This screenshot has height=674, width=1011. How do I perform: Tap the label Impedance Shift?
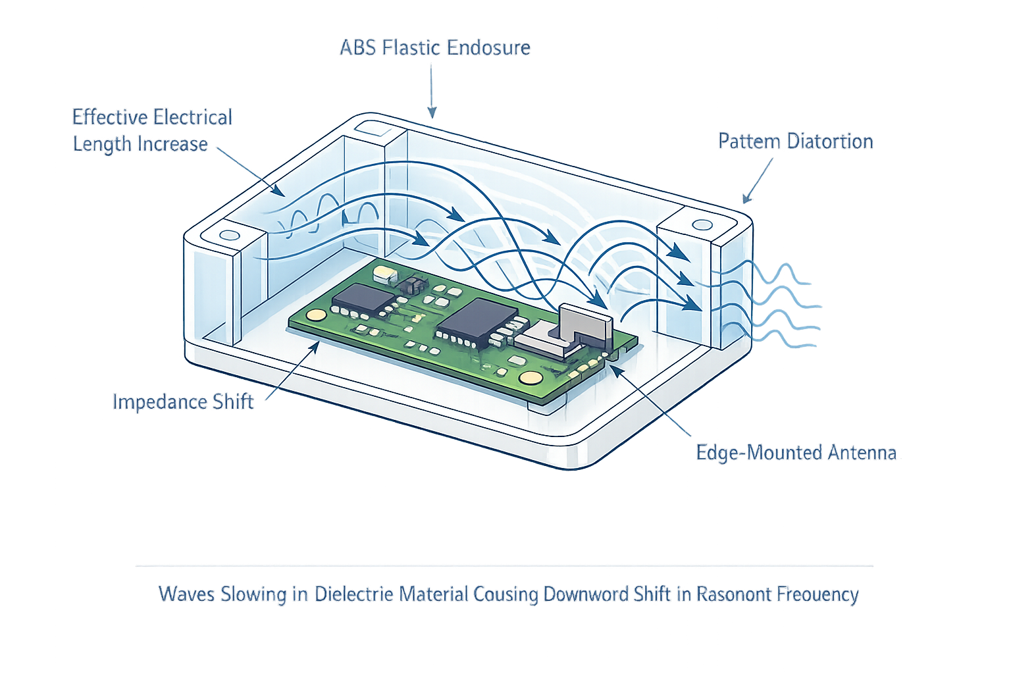pos(182,402)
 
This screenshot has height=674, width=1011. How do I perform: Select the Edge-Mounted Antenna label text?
pos(796,453)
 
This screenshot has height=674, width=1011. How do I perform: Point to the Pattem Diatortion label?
pos(795,142)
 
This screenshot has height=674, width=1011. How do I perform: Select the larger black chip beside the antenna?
pos(473,321)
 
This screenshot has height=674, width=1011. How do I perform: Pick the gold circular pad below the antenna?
pos(529,377)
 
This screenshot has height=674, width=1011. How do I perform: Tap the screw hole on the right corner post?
pos(702,225)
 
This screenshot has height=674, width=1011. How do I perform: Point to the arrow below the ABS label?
pos(432,92)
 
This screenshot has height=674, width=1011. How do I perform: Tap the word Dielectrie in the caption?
pos(353,594)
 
